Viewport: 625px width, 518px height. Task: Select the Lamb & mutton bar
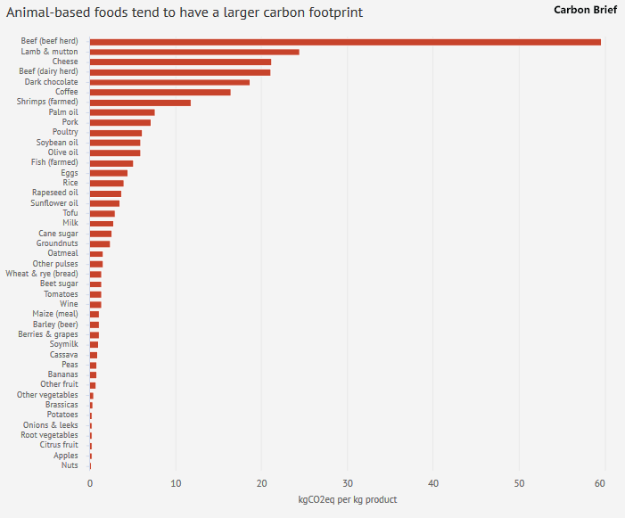tap(194, 52)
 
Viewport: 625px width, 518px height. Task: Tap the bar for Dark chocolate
tap(169, 82)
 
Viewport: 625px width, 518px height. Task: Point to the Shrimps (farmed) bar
tap(140, 103)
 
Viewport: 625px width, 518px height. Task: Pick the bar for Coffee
tap(160, 92)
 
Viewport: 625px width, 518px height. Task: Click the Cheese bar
tap(180, 62)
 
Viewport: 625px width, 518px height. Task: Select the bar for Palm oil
tap(122, 112)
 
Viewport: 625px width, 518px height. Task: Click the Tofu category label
tap(70, 213)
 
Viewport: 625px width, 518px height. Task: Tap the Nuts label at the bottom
tap(70, 465)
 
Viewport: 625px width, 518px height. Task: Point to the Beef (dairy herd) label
tap(49, 72)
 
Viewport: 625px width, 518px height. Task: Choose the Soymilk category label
tap(63, 344)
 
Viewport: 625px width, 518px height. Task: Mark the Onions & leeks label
tap(50, 425)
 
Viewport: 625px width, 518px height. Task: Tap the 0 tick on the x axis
tap(90, 483)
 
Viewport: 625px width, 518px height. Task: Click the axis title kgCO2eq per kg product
tap(347, 500)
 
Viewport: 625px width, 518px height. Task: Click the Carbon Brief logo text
tap(585, 10)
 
